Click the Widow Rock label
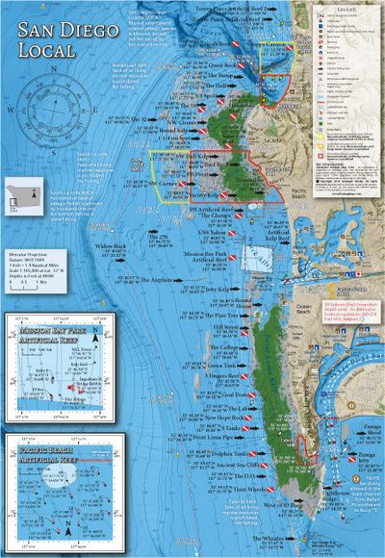tap(112, 246)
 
